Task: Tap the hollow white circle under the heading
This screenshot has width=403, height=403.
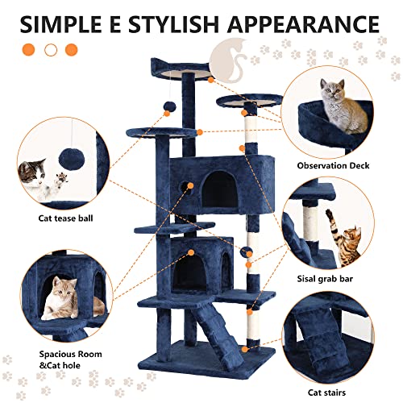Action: [50, 49]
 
